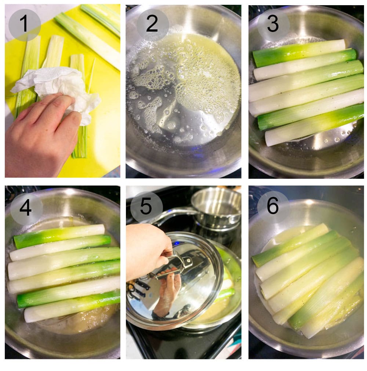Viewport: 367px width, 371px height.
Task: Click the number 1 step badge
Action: point(24,25)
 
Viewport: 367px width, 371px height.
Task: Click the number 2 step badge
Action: point(152,25)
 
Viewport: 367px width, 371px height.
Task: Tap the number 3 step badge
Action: point(273,25)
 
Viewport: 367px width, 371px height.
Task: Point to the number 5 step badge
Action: point(146,207)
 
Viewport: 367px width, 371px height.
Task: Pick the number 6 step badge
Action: point(273,207)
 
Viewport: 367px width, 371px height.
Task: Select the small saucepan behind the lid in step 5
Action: point(217,208)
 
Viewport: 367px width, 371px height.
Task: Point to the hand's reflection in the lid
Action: point(167,294)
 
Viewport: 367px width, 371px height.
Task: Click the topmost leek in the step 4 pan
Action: point(59,236)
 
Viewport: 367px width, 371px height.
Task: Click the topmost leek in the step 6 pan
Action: point(290,244)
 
